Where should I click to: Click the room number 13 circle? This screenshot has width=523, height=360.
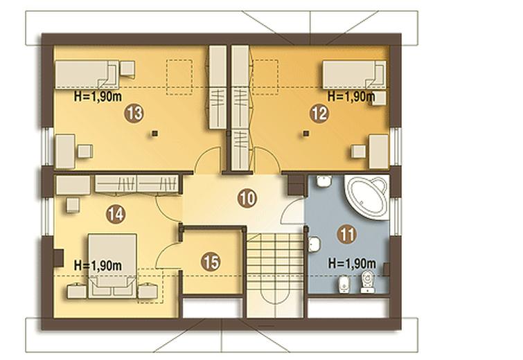[134, 114]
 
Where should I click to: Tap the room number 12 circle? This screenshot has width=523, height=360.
[319, 114]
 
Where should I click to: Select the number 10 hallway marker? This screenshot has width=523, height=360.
[247, 199]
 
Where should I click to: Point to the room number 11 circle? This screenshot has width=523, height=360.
[347, 234]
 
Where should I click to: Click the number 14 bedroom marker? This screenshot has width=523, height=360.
[116, 214]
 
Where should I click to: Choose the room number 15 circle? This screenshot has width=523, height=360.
[211, 262]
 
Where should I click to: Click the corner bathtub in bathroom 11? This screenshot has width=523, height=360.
[367, 197]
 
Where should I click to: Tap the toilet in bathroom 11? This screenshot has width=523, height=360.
[367, 282]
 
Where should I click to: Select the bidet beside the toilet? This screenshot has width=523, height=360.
[344, 284]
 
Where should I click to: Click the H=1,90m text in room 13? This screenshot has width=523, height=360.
[98, 97]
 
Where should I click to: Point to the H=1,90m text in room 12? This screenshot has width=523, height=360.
[351, 96]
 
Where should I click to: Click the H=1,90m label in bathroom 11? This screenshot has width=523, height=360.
[352, 264]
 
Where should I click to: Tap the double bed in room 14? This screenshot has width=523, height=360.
[112, 266]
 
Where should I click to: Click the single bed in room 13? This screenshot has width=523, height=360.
[87, 75]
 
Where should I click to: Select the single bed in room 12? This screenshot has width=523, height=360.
[354, 75]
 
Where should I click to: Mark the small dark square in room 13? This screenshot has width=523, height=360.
[154, 134]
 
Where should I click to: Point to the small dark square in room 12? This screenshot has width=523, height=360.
[306, 134]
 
